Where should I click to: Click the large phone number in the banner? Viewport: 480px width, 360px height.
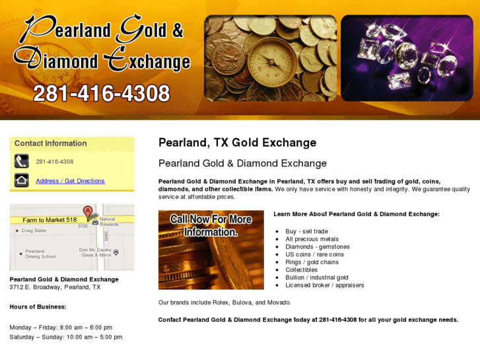coord(102,94)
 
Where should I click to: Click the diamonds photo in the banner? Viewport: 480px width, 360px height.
coord(406,58)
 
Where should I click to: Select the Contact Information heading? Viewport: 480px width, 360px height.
coord(51,143)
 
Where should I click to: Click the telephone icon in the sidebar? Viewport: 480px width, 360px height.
coord(22,161)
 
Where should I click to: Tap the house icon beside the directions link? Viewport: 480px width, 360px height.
coord(22,180)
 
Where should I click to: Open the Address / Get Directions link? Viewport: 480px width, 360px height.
coord(70,181)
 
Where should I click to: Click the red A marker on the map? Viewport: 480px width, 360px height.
coord(88,211)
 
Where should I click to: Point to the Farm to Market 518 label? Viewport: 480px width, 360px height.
coord(50,220)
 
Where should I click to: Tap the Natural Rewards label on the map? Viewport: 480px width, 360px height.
coord(108,221)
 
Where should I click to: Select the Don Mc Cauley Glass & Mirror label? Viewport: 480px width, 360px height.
coord(95,252)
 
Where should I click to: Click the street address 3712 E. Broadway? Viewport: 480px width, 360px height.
coord(55,287)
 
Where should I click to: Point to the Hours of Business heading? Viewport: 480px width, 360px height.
coord(38,306)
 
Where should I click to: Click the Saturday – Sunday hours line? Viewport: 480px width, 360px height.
coord(66,337)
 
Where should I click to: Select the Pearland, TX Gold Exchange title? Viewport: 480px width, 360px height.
coord(237,143)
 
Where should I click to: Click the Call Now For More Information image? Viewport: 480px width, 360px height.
coord(211,250)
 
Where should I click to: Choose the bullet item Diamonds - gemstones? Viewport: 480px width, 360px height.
coord(318,247)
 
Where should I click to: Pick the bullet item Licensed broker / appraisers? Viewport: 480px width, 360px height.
coord(325,285)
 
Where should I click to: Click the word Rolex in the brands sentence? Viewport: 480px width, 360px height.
coord(220,303)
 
